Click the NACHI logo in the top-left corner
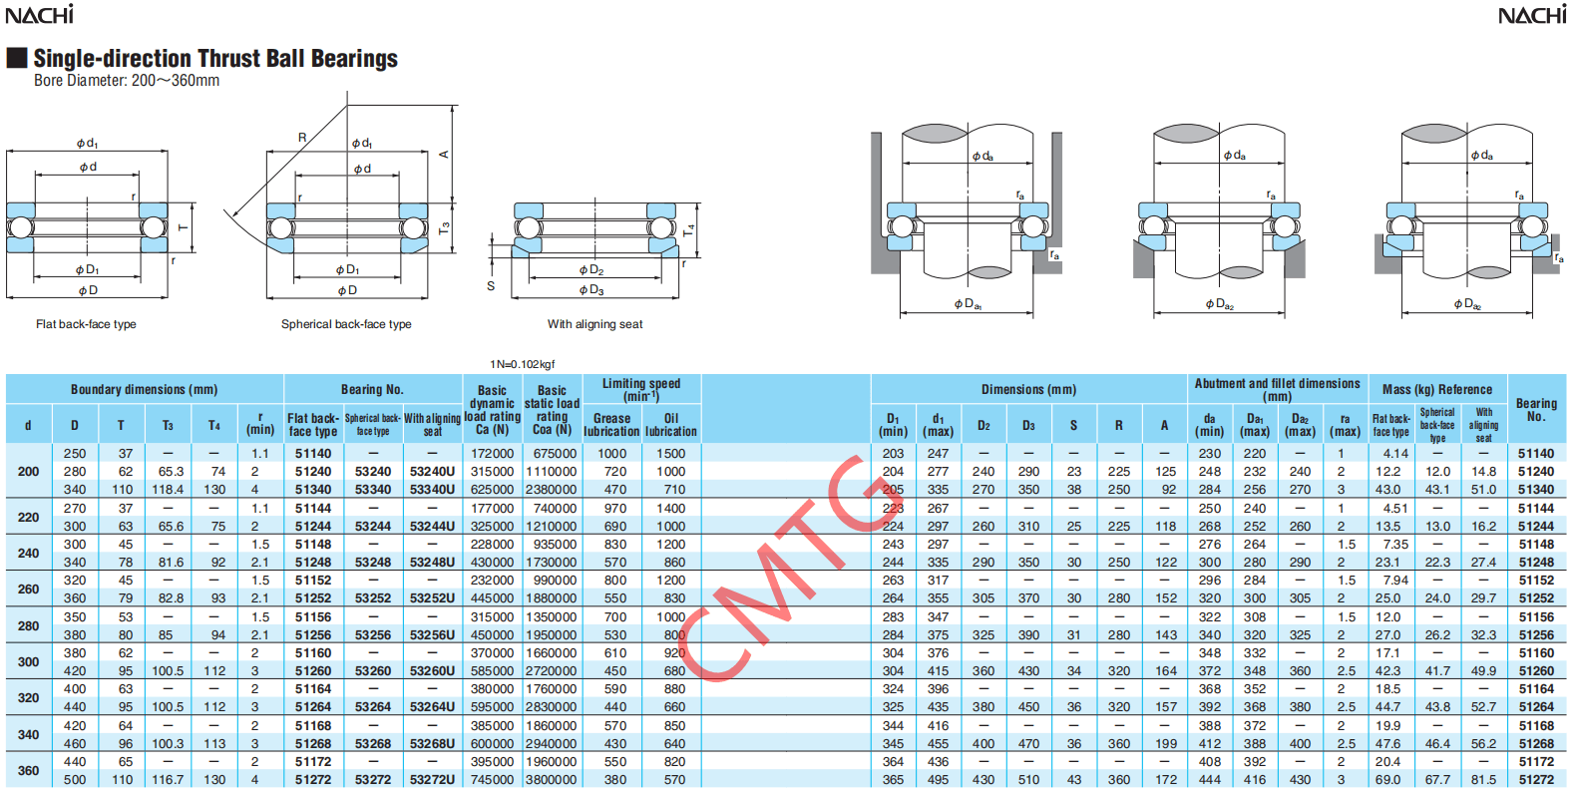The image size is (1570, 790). [39, 14]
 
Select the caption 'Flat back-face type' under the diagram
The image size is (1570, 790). [86, 324]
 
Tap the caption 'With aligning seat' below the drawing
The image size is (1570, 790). [595, 324]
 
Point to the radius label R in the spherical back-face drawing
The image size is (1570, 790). [302, 138]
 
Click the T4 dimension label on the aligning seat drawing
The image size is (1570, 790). [689, 229]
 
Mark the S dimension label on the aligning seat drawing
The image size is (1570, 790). [491, 286]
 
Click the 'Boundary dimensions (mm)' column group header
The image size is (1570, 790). [145, 389]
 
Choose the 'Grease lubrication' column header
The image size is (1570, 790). [611, 425]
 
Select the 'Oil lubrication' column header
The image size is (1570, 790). [670, 425]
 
